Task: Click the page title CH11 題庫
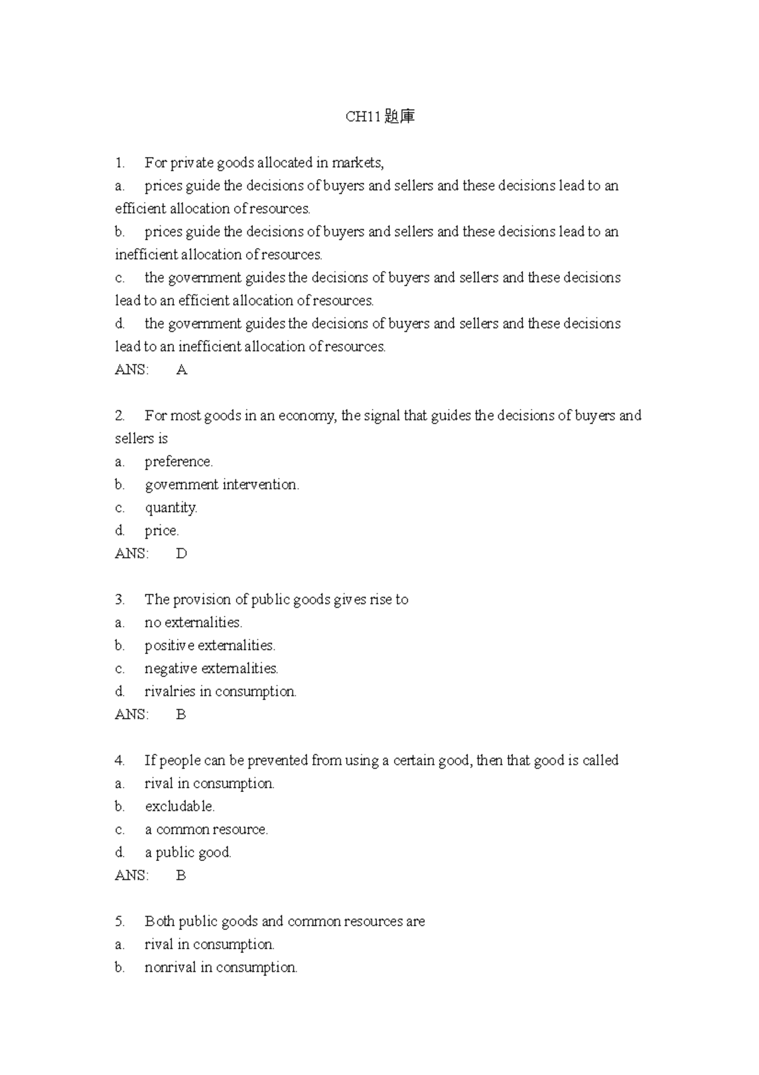pyautogui.click(x=379, y=116)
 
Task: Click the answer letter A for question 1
pyautogui.click(x=182, y=370)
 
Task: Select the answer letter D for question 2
pyautogui.click(x=182, y=553)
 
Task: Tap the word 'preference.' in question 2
pyautogui.click(x=178, y=462)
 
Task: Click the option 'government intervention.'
pyautogui.click(x=221, y=485)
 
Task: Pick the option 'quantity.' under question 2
pyautogui.click(x=171, y=508)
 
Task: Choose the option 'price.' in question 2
pyautogui.click(x=161, y=531)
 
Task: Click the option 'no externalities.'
pyautogui.click(x=193, y=622)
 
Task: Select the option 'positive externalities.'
pyautogui.click(x=209, y=646)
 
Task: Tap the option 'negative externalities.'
pyautogui.click(x=211, y=669)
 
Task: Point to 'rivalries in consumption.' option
pyautogui.click(x=220, y=691)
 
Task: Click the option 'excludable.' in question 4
pyautogui.click(x=180, y=807)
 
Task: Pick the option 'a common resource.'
pyautogui.click(x=206, y=829)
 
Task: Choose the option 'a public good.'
pyautogui.click(x=188, y=853)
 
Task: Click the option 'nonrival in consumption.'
pyautogui.click(x=221, y=967)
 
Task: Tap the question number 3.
pyautogui.click(x=120, y=600)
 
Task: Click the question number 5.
pyautogui.click(x=120, y=921)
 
